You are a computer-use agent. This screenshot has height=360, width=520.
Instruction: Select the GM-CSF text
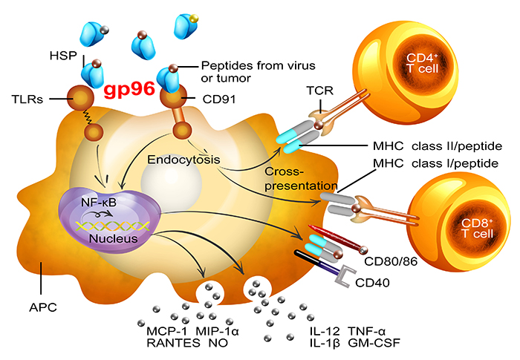coord(371,344)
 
